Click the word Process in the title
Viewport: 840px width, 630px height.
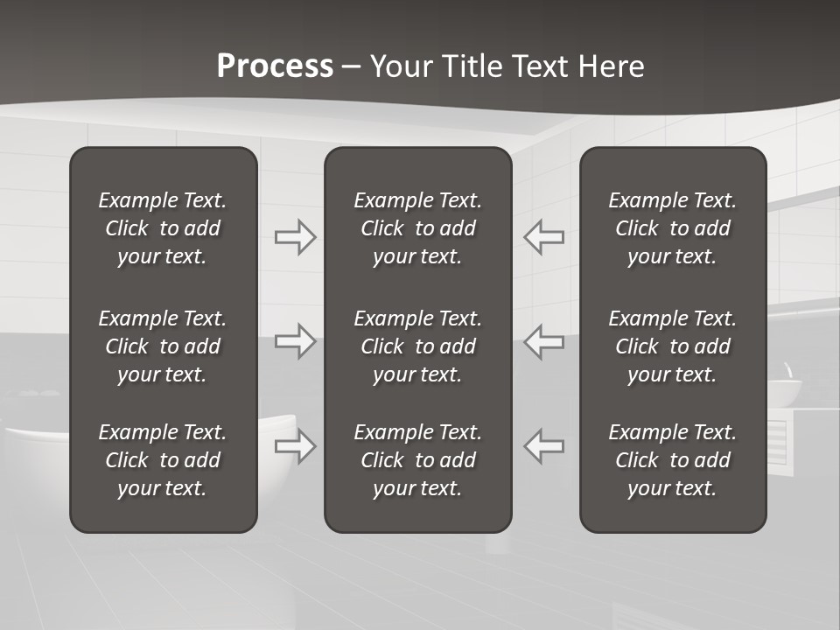[x=275, y=66]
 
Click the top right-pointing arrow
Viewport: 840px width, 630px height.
[x=295, y=236]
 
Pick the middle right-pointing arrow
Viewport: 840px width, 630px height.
[x=295, y=341]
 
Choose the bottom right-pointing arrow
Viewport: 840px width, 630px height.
[x=295, y=446]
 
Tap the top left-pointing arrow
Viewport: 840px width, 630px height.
[x=544, y=236]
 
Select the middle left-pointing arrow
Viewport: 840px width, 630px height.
[x=544, y=341]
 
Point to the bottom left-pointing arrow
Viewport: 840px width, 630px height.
[x=544, y=446]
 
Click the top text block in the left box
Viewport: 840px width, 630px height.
[x=163, y=228]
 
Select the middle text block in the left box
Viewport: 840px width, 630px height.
[x=163, y=346]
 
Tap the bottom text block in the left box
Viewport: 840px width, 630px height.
[x=163, y=460]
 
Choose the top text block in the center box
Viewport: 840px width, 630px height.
[x=417, y=228]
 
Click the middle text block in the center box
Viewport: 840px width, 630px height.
[x=417, y=346]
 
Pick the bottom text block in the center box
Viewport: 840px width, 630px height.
[x=417, y=460]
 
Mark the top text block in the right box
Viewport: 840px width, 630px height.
[x=672, y=228]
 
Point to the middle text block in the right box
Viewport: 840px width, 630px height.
[x=672, y=346]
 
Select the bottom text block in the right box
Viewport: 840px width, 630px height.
[x=672, y=460]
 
